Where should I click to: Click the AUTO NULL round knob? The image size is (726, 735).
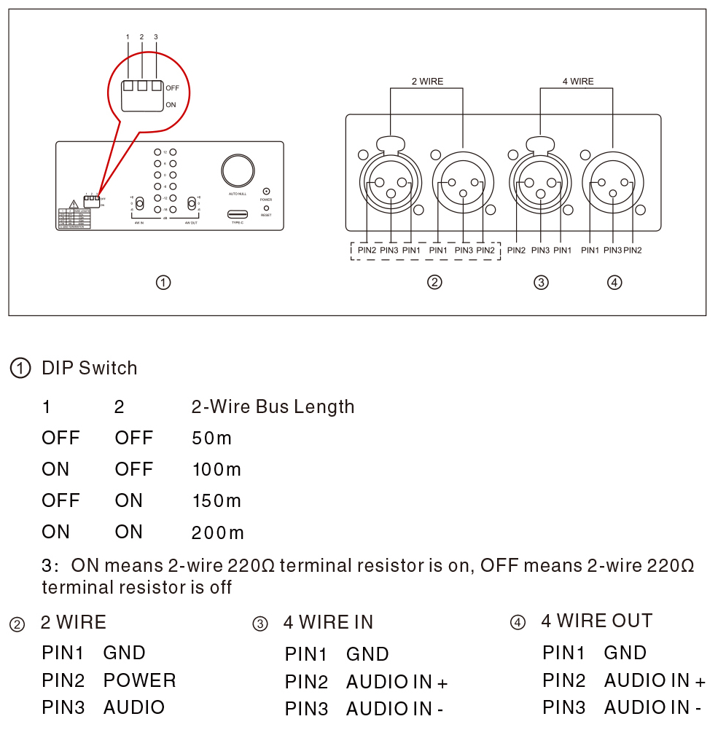tap(238, 170)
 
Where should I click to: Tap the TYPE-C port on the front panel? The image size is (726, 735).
tap(238, 214)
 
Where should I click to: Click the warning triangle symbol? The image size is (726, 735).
tap(74, 204)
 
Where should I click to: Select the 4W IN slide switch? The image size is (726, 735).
tap(138, 203)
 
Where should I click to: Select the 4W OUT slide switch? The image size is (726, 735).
tap(192, 203)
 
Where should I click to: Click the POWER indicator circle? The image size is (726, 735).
tap(266, 190)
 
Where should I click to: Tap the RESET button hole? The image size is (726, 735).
tap(266, 208)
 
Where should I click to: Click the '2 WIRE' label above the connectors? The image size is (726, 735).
tap(427, 82)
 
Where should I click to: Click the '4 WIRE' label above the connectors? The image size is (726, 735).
tap(577, 82)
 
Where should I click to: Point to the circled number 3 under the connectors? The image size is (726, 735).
tap(541, 283)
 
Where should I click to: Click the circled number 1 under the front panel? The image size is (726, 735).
tap(164, 283)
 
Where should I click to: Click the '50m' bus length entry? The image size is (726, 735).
tap(211, 439)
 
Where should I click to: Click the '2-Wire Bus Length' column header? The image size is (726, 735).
tap(273, 406)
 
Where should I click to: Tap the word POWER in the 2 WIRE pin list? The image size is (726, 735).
tap(139, 680)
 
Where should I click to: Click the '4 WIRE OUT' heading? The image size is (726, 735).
tap(596, 621)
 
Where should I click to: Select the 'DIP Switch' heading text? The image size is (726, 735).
tap(89, 368)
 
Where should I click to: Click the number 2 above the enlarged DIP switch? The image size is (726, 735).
tap(141, 36)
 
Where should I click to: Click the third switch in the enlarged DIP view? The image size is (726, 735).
tap(156, 86)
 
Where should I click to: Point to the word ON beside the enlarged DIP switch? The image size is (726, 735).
tap(171, 105)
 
